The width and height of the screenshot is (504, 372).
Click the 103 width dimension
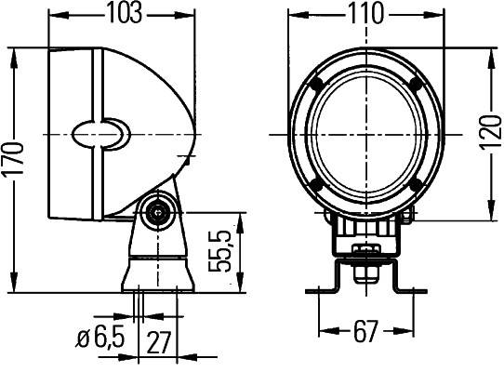[124, 14]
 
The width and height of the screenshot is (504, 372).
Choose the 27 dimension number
[159, 340]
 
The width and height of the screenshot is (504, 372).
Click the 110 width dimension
[365, 14]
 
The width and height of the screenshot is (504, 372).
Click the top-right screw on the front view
[416, 85]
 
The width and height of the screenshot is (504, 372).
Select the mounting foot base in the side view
[155, 274]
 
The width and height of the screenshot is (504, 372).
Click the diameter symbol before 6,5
[82, 340]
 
